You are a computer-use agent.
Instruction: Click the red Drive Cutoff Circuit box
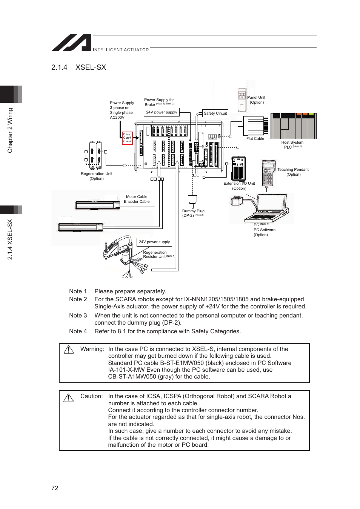(127, 138)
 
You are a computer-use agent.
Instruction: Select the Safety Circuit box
(215, 113)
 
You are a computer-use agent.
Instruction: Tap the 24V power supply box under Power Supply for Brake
(162, 112)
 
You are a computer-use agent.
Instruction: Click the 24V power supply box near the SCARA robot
(154, 242)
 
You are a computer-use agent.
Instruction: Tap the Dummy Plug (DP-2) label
(193, 213)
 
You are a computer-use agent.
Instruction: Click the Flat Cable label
(255, 139)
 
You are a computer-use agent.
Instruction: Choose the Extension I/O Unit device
(238, 168)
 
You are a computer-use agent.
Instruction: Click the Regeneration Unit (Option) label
(97, 176)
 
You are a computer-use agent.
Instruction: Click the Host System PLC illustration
(294, 126)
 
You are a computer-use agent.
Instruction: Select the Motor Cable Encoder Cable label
(137, 199)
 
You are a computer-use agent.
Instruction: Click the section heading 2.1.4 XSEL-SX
(79, 67)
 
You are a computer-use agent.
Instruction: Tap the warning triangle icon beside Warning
(69, 350)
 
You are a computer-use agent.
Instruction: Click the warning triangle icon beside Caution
(69, 397)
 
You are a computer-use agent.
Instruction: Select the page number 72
(55, 488)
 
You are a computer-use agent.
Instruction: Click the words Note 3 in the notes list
(78, 316)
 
